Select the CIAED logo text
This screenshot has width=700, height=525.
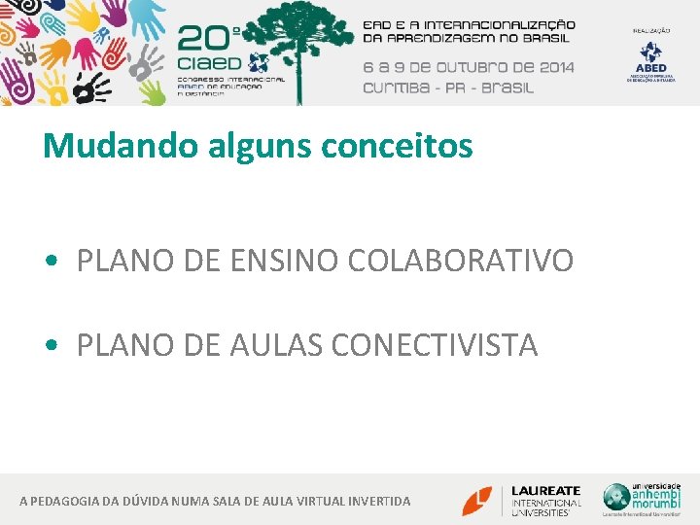(x=215, y=65)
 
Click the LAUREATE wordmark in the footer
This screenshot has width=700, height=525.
(x=546, y=491)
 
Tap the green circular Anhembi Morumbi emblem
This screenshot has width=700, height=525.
(x=616, y=496)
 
